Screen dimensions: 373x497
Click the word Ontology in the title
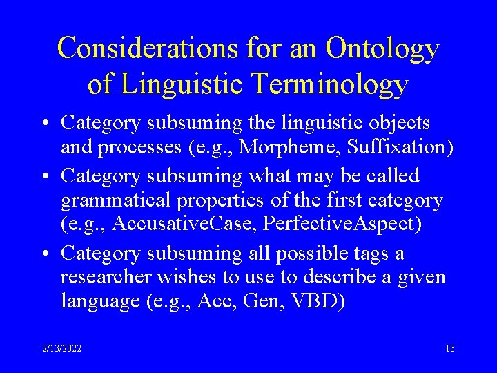(382, 48)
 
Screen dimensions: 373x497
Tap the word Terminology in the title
(333, 84)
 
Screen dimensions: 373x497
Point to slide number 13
(449, 348)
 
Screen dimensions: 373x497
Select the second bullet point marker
(45, 176)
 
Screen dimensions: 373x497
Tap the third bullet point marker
(45, 254)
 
